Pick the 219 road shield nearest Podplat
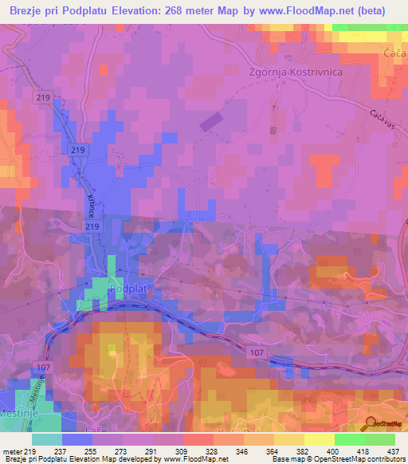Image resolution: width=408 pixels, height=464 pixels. (92, 228)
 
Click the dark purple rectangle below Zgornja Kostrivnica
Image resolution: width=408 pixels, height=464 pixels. (211, 122)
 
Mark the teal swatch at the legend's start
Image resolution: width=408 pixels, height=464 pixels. (47, 439)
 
